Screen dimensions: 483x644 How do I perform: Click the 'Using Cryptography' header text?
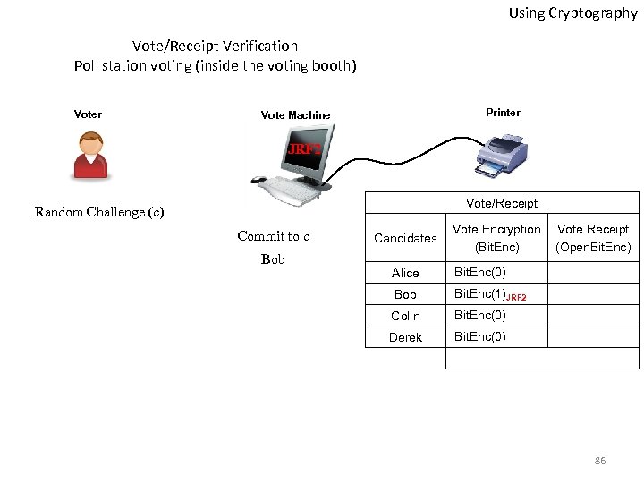click(x=572, y=13)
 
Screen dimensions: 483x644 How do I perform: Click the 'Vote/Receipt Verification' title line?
click(x=215, y=46)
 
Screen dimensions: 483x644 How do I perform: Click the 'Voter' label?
click(x=88, y=114)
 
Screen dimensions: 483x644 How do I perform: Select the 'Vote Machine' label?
click(x=295, y=115)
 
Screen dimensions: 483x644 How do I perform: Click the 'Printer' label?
click(x=503, y=113)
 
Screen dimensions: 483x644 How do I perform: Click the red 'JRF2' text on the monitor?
click(x=303, y=149)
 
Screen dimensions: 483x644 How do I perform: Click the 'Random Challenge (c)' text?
click(x=98, y=212)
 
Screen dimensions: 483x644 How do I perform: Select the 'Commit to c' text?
click(x=273, y=236)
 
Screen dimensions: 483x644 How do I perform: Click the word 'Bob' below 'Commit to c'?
click(x=273, y=259)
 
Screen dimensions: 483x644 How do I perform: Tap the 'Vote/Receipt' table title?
click(x=502, y=203)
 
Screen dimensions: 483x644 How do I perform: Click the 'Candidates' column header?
click(x=405, y=238)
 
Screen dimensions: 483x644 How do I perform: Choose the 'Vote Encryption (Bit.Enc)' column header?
click(x=496, y=238)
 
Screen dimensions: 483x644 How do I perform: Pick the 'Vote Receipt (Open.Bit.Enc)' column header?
click(x=593, y=238)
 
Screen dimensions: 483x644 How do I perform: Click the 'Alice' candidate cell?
click(x=405, y=273)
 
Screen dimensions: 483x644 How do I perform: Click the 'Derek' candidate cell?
click(x=405, y=337)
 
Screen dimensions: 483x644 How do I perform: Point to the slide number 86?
click(x=600, y=461)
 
